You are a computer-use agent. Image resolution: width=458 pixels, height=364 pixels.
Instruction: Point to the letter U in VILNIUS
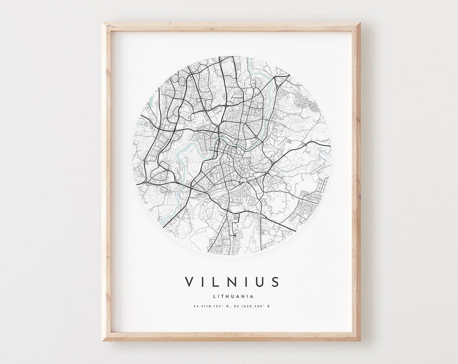(260, 282)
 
